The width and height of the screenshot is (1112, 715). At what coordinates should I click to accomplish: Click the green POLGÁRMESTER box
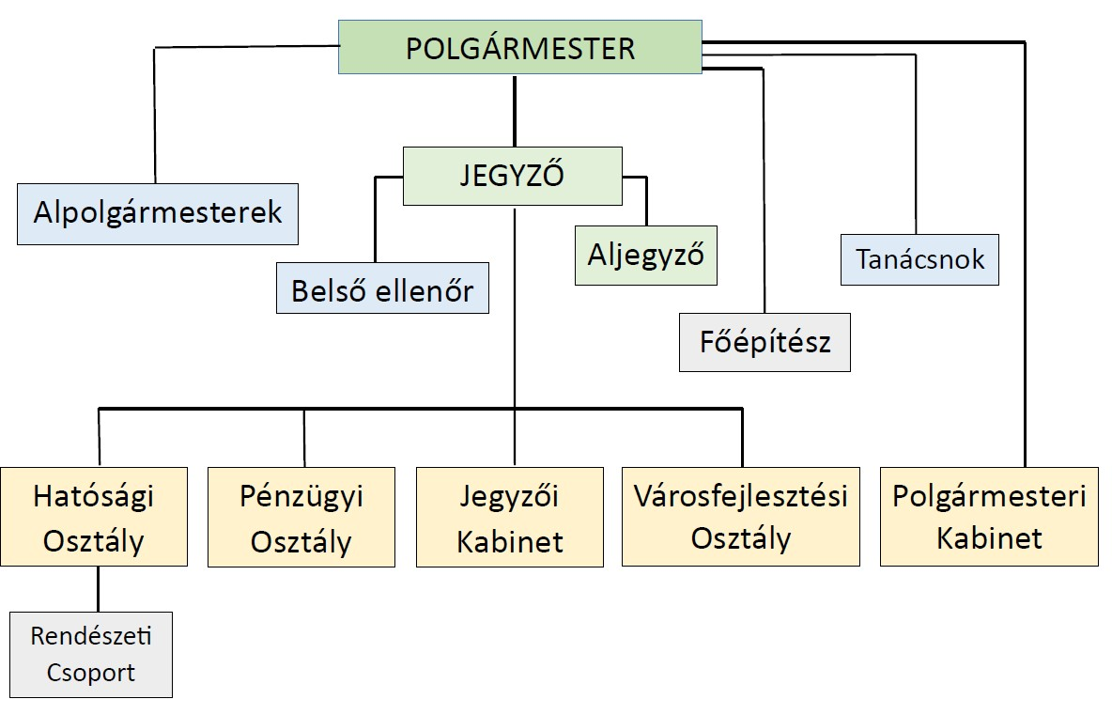click(519, 48)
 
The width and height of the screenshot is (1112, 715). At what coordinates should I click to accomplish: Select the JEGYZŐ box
click(512, 176)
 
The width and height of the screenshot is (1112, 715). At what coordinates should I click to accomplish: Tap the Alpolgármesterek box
click(158, 213)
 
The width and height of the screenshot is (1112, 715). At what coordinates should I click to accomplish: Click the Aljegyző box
click(645, 255)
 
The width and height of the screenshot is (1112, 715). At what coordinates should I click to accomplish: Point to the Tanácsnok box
click(919, 258)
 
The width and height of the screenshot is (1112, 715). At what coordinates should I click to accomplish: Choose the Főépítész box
click(764, 342)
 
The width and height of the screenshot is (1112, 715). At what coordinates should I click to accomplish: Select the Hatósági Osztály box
click(93, 517)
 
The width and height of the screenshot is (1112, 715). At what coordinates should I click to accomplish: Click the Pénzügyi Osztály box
click(301, 517)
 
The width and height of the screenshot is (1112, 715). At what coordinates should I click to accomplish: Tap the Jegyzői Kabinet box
click(510, 517)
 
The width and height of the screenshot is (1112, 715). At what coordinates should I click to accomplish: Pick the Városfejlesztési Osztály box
click(740, 516)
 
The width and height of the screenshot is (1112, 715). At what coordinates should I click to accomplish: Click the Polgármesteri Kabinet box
click(989, 516)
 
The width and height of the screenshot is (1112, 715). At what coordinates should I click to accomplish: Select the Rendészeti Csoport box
click(91, 654)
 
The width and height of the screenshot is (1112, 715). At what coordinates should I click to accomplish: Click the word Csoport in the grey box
click(91, 673)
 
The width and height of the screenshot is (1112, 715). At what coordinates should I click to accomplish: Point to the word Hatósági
click(93, 496)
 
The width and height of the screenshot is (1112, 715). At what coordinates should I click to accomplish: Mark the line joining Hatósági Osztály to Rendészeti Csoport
click(98, 589)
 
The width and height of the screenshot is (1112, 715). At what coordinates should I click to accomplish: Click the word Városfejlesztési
click(740, 495)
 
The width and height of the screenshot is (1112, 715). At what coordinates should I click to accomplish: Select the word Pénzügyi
click(301, 496)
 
